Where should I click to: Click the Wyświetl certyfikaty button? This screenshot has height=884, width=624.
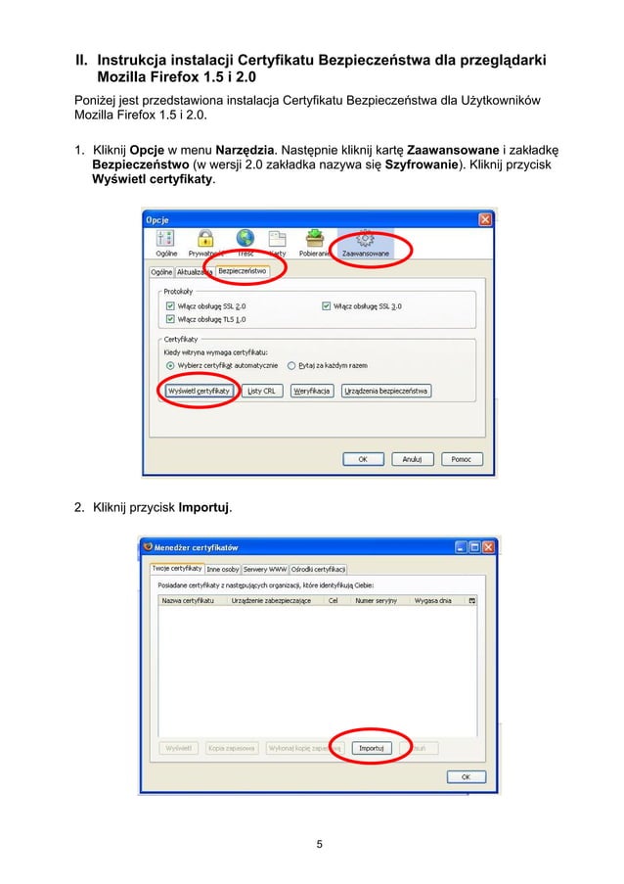[x=200, y=391]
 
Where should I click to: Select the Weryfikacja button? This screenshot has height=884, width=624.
[x=310, y=391]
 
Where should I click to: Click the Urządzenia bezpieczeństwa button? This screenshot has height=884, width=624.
[x=386, y=391]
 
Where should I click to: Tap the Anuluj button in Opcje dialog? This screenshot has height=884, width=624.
[x=412, y=458]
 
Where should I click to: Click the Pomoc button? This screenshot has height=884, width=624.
[x=460, y=458]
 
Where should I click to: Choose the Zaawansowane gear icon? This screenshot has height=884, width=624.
[x=366, y=238]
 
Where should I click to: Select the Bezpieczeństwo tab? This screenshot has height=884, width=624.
[x=242, y=270]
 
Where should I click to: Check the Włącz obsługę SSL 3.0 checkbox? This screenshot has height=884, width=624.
[x=326, y=306]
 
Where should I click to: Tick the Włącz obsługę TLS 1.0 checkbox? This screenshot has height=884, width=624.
[x=171, y=319]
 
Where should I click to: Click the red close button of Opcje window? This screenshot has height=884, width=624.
[x=484, y=219]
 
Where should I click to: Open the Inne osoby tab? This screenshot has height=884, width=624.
[x=222, y=569]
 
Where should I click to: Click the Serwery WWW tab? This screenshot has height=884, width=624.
[x=264, y=569]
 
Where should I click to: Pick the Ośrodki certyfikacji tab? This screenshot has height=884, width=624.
[x=318, y=569]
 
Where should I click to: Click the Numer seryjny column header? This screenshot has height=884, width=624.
[x=376, y=600]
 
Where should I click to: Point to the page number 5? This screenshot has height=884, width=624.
[x=319, y=844]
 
